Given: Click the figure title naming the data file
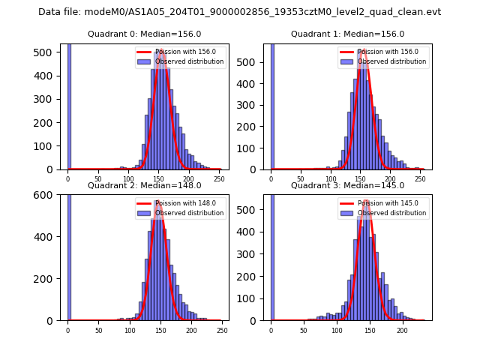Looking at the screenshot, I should [x=239, y=12].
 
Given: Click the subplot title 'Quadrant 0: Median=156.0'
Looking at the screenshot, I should [x=140, y=34].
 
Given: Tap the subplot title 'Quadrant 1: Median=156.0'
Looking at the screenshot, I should [x=347, y=34].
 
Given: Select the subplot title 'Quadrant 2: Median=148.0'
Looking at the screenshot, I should [x=140, y=185].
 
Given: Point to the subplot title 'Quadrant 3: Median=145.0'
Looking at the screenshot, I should [x=347, y=185].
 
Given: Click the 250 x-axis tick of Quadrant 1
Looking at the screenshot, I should [x=419, y=179].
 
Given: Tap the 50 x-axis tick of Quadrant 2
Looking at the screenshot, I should [x=98, y=330].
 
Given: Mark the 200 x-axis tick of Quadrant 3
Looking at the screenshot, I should [x=402, y=330].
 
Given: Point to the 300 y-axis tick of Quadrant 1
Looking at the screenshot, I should [x=252, y=105].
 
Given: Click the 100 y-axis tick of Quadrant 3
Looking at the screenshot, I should [x=252, y=298].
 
